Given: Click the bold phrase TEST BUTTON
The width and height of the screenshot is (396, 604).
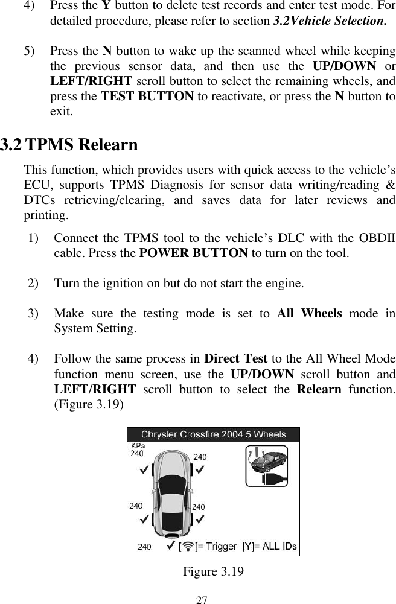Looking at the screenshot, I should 147,97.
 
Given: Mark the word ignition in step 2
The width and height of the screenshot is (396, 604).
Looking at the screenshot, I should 109,282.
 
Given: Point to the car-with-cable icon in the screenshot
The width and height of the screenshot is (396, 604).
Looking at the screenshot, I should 266,465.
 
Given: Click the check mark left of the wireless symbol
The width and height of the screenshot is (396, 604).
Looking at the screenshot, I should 170,546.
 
